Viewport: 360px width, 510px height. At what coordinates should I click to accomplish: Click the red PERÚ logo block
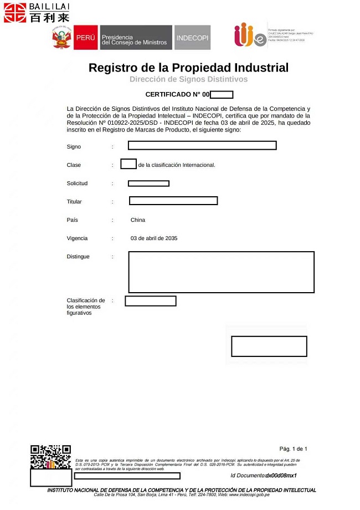coord(85,37)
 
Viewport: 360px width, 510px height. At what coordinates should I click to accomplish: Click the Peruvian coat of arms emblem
coord(62,37)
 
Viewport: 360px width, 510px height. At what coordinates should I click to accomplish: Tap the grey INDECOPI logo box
coord(192,37)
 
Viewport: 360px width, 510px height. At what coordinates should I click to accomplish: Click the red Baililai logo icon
coord(15,12)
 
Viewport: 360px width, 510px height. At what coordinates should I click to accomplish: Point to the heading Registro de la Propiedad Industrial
coord(188,68)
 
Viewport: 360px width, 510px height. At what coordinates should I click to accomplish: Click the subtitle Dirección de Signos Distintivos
coord(188,79)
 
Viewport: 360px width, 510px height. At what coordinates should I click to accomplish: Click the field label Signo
coord(74,147)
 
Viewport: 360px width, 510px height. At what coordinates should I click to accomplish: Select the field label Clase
coord(74,165)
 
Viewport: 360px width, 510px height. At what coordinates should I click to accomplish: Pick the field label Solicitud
coord(77,183)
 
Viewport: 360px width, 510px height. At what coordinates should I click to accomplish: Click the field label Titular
coord(74,202)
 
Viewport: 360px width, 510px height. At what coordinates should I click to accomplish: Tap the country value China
coord(138,220)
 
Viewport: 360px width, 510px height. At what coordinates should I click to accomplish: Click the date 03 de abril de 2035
coord(154,238)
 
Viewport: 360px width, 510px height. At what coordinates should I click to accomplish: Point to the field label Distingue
coord(78,257)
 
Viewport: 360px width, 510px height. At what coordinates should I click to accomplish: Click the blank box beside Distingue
coord(221,272)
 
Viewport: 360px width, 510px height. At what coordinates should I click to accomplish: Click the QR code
coord(50,456)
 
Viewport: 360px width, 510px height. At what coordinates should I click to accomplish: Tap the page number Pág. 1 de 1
coord(293,449)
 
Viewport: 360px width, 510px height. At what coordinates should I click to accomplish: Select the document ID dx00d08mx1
coord(281,476)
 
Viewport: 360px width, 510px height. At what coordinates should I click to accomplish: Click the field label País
coord(73,220)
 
